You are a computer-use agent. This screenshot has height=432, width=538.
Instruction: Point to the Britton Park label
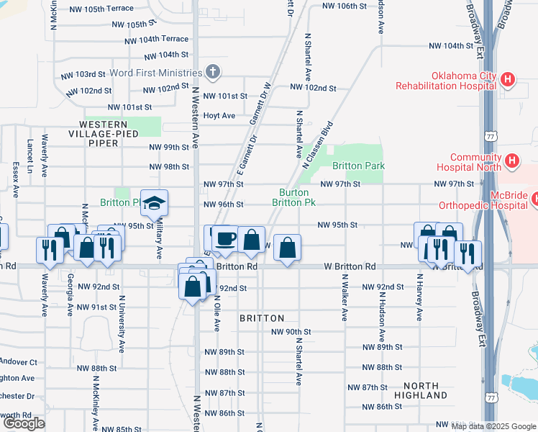363,166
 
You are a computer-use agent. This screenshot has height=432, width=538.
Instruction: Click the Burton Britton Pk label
293,197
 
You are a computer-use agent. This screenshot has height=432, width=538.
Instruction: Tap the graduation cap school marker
154,204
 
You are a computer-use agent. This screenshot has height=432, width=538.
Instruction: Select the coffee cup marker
224,239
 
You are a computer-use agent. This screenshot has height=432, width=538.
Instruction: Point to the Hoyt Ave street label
219,115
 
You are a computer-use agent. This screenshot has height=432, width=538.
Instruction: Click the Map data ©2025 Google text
493,426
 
